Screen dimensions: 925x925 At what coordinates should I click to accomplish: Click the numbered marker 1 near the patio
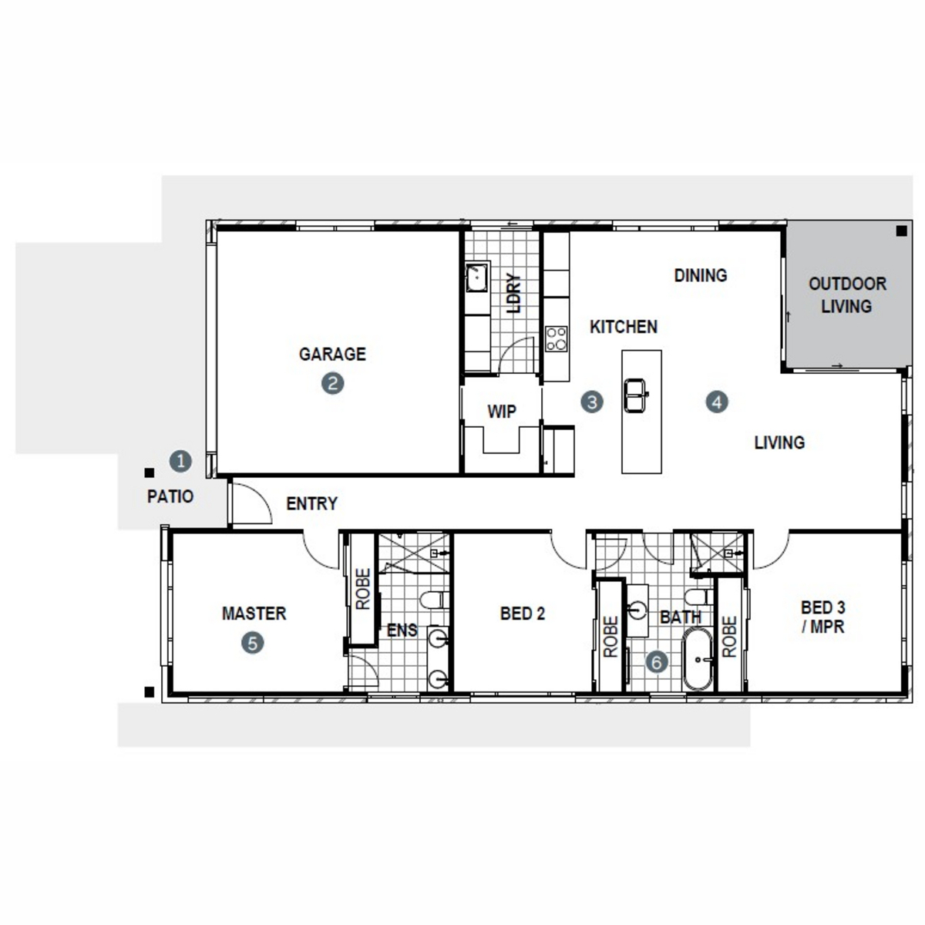[180, 461]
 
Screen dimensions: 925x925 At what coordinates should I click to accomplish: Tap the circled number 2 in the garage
[333, 383]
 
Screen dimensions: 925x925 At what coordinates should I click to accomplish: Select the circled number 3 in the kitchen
[592, 402]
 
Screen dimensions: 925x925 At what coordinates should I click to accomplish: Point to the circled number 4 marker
[717, 402]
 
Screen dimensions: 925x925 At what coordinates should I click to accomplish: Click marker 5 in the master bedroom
[253, 643]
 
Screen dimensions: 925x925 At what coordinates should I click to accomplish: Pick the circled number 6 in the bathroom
[656, 662]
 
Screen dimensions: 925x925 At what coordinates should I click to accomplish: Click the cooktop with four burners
[557, 339]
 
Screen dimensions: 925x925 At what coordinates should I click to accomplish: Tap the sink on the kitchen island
[635, 395]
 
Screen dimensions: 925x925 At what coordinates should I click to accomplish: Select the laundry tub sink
[477, 277]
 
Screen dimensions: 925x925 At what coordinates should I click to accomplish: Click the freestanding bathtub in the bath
[698, 660]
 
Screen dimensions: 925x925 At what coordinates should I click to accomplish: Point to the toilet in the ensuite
[434, 600]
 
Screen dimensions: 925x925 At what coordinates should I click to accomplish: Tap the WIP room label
[502, 412]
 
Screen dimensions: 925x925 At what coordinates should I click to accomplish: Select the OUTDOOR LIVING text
[847, 294]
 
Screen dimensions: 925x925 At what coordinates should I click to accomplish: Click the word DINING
[701, 275]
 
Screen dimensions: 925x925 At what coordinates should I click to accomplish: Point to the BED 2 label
[523, 614]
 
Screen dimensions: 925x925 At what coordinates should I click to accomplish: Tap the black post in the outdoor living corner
[901, 231]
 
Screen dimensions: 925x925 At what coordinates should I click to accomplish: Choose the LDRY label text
[513, 293]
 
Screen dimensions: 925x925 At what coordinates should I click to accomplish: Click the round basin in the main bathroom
[637, 610]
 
